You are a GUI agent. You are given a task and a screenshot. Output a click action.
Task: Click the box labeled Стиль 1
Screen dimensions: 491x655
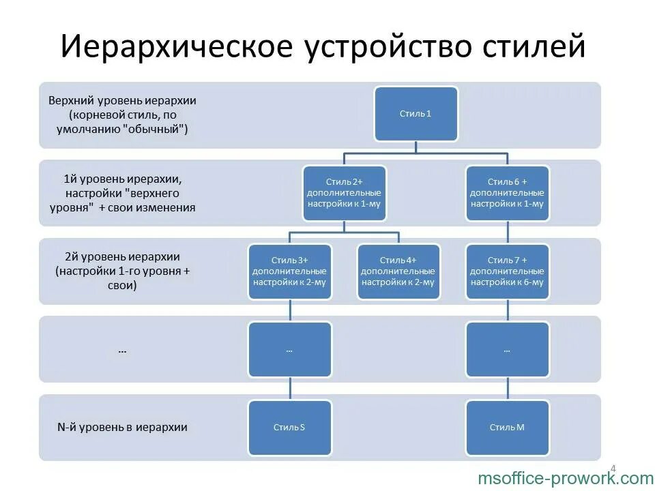coord(416,114)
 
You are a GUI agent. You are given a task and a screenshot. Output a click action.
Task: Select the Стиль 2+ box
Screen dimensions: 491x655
coord(344,193)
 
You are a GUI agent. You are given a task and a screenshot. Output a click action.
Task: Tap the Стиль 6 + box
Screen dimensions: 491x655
coord(507,193)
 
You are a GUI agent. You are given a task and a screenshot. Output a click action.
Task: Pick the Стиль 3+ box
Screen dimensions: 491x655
coord(290,271)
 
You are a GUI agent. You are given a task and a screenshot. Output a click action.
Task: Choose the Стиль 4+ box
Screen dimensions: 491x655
coord(398,271)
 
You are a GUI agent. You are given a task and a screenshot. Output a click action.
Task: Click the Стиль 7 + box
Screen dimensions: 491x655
coord(507,271)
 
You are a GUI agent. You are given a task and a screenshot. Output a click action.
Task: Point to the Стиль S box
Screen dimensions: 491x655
coord(290,428)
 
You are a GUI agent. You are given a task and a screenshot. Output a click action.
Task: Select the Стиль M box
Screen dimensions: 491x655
coord(507,428)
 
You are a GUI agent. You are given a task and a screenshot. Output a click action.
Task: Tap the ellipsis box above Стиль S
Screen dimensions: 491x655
coord(290,350)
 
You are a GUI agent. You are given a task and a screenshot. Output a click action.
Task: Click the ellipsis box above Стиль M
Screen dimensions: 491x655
coord(507,350)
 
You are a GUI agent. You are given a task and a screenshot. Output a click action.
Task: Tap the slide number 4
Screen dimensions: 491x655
coord(612,468)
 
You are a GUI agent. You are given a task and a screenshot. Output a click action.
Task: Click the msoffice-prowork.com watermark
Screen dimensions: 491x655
coord(566,479)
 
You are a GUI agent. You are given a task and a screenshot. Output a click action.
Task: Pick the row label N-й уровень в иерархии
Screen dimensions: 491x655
coord(122,428)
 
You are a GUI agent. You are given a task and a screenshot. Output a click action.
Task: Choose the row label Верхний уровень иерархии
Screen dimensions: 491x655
coord(122,100)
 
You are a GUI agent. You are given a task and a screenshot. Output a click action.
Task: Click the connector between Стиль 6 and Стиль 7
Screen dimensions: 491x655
coord(507,233)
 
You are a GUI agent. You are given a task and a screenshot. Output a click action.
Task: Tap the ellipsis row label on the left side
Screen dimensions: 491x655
coord(122,351)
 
